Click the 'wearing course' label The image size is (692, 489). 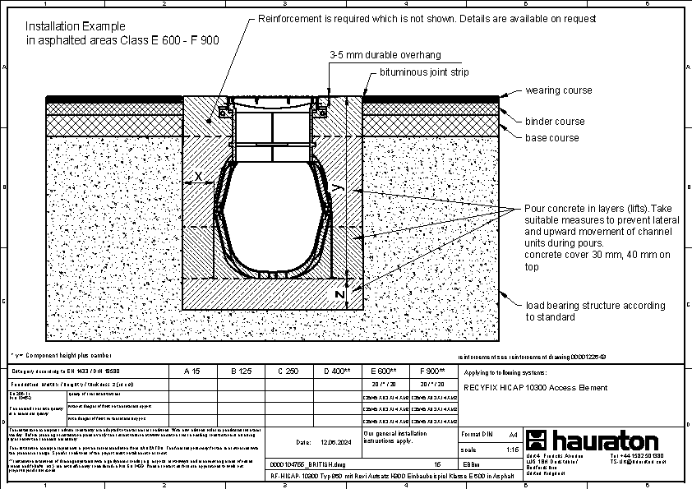pos(558,90)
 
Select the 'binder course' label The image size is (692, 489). pos(555,122)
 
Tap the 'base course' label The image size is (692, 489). pos(552,138)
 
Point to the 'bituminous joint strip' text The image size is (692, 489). pos(423,73)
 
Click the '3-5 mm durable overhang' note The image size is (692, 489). pos(385,55)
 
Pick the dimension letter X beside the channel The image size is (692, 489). pos(197,177)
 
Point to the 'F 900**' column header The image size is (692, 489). pos(431,371)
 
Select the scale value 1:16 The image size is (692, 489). pos(512,449)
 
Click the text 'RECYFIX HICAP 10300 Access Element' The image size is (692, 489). pos(536,388)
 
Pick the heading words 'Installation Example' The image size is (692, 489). pos(76,26)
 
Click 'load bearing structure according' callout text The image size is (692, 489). pos(596,306)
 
